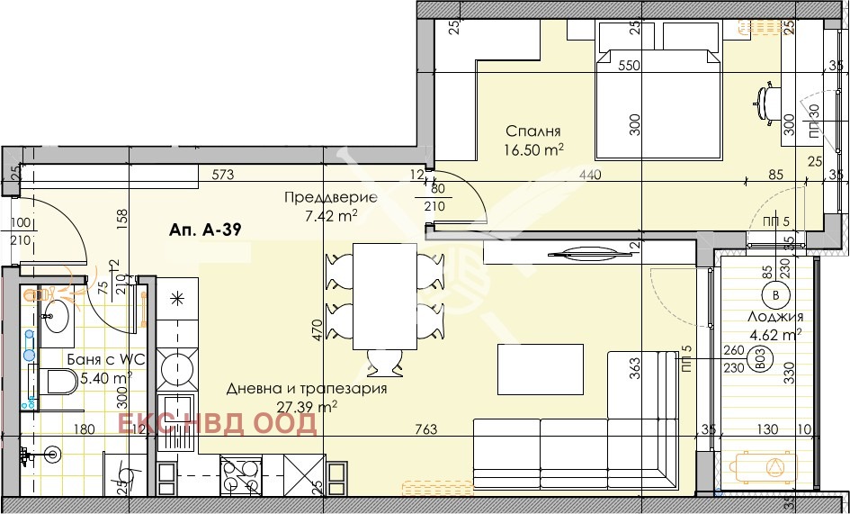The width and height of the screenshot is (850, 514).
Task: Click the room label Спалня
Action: [533, 130]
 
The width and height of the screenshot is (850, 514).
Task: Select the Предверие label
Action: [318, 197]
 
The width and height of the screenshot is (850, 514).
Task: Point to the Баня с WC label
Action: [106, 360]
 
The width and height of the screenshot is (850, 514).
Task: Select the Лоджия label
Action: [774, 317]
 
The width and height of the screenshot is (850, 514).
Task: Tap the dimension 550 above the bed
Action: [629, 66]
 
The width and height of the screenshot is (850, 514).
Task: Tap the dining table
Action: [384, 298]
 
